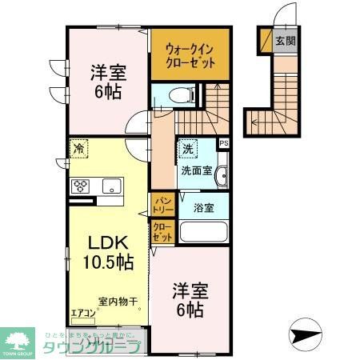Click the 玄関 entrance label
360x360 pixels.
[x=284, y=40]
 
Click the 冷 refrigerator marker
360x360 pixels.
[x=78, y=149]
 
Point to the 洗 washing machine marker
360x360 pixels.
[x=187, y=149]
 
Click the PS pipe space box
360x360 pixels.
[x=223, y=143]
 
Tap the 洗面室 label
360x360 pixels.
[x=195, y=170]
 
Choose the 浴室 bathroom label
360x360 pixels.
[x=202, y=208]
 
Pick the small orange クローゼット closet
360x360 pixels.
[x=161, y=232]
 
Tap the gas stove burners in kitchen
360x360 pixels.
[x=81, y=186]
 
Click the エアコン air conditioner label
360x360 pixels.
[x=82, y=313]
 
